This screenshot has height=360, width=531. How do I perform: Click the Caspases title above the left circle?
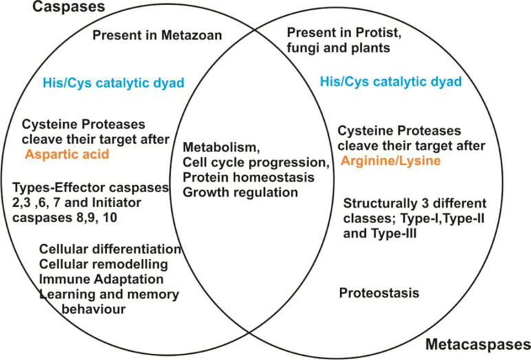pos(69,6)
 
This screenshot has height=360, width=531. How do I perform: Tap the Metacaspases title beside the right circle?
pos(478,344)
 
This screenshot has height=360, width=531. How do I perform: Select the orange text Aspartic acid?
pos(67,155)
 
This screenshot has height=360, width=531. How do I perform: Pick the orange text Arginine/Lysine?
pos(391,160)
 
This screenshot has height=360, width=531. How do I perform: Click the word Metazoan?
pos(192,35)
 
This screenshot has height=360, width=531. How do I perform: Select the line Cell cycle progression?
pos(257,162)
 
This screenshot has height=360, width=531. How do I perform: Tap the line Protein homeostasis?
pos(248,178)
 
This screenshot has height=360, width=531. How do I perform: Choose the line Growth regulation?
pos(241,193)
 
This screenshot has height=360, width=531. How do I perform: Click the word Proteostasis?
pos(379,293)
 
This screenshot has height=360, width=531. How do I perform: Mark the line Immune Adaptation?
pos(101,279)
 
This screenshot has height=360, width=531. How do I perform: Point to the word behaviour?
pos(94,309)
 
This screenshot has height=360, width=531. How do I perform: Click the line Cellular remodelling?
pos(104,264)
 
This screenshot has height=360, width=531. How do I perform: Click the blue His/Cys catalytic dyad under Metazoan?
pos(113,83)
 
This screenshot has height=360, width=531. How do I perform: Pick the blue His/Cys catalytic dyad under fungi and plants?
pos(391,82)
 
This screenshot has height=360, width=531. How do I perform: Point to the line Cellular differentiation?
pos(111,249)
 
